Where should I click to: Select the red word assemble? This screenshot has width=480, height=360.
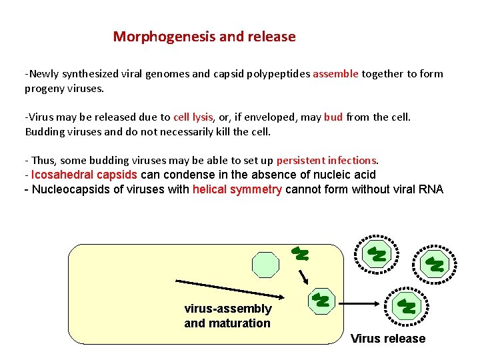[x=335, y=74]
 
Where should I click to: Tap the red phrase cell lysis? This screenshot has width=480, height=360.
[x=193, y=117]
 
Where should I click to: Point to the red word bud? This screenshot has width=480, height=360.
[x=333, y=117]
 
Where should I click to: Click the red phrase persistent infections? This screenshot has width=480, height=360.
[x=327, y=161]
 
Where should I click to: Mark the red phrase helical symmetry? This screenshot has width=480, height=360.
[x=237, y=189]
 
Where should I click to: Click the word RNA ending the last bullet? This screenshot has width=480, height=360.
[x=430, y=189]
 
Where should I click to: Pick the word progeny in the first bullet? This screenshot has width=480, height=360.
[x=45, y=88]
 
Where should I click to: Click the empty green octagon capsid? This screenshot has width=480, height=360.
[x=265, y=264]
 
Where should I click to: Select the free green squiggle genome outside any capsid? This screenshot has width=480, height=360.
[x=301, y=253]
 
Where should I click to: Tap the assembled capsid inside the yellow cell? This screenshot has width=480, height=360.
[x=321, y=300]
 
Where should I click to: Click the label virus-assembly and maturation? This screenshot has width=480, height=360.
[x=228, y=316]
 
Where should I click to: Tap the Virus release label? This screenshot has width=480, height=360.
[x=388, y=339]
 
